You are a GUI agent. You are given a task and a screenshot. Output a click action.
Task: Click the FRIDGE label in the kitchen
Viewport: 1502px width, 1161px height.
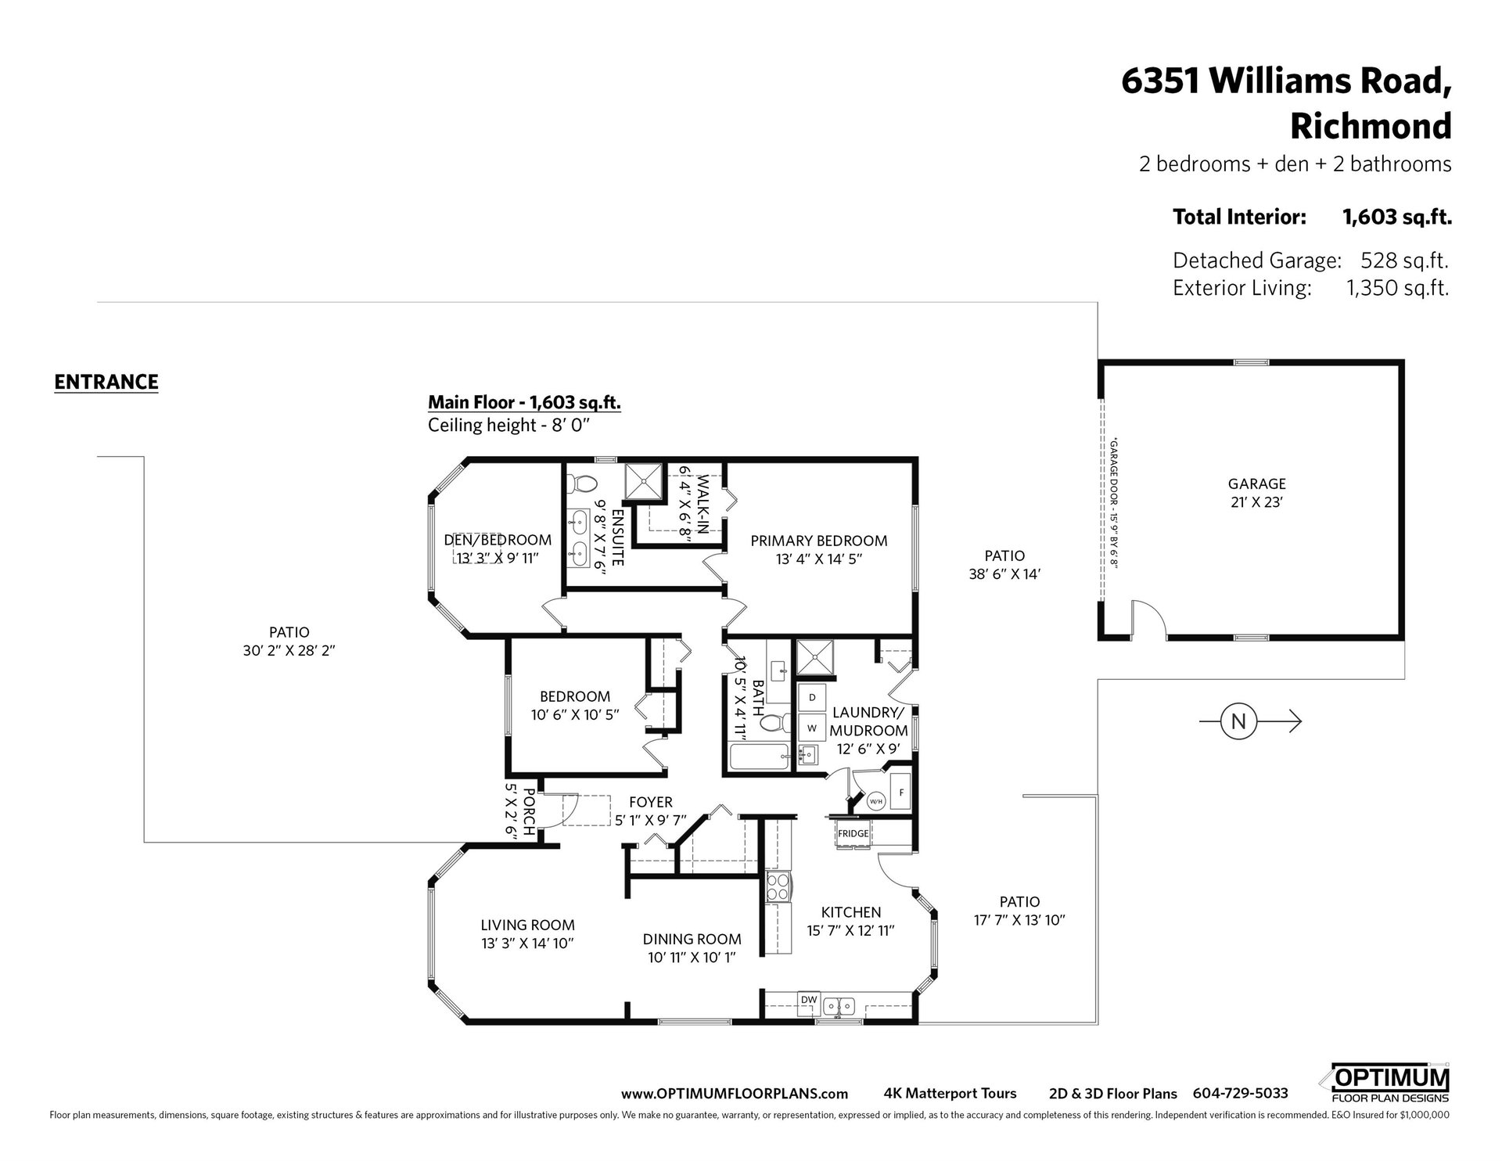853,833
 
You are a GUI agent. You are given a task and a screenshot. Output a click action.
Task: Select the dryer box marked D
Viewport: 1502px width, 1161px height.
812,697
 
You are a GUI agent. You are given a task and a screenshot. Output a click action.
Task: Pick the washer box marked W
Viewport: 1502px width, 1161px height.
812,728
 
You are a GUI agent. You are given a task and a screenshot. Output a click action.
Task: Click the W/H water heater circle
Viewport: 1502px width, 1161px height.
875,801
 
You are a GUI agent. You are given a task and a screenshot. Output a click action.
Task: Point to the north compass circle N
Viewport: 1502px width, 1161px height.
1238,721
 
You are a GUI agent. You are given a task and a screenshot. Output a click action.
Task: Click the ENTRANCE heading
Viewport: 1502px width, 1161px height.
106,382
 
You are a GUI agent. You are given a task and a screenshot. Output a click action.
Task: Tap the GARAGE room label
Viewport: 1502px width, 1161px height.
1257,484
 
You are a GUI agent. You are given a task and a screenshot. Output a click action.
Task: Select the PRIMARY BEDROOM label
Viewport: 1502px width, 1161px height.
819,541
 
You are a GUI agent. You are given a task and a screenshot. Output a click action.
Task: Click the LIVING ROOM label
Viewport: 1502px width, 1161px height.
528,925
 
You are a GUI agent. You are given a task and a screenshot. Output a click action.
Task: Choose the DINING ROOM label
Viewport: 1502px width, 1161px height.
692,939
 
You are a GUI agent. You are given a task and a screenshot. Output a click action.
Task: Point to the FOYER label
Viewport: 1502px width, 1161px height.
651,802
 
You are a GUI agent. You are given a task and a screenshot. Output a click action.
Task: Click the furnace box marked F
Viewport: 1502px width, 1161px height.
901,793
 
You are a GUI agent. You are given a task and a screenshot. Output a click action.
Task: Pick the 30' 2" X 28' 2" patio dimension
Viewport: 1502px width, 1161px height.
289,650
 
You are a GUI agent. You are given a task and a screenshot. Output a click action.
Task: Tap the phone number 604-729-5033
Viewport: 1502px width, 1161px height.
1240,1093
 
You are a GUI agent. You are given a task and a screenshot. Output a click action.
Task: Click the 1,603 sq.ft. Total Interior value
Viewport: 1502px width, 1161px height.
1397,217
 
